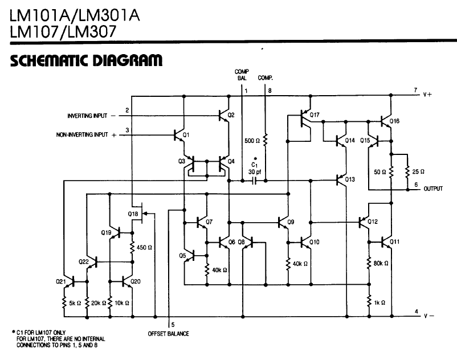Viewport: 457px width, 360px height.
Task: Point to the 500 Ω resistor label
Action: point(252,140)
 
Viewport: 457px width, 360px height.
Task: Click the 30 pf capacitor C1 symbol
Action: point(254,181)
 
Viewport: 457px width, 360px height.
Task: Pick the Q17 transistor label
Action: point(315,116)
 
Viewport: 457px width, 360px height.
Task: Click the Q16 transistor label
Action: point(395,121)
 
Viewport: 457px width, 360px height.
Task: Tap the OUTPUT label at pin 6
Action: point(433,189)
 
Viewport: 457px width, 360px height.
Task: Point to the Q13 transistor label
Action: point(350,179)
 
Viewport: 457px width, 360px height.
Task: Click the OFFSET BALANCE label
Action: point(168,333)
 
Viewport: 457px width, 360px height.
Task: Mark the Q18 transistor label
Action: point(133,214)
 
